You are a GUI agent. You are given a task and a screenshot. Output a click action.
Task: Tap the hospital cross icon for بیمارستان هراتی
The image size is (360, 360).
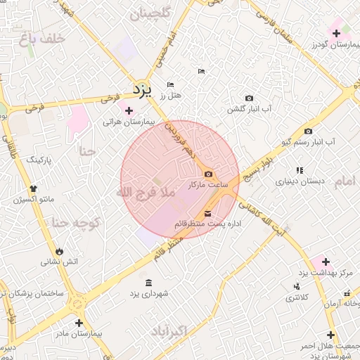tap(128, 110)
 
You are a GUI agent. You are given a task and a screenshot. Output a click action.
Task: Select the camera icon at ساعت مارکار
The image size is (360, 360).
tap(209, 174)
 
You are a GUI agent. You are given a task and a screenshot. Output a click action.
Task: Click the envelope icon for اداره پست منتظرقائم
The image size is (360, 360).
tap(207, 214)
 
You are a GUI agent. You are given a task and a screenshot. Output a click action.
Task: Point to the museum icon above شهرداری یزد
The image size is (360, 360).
tap(147, 283)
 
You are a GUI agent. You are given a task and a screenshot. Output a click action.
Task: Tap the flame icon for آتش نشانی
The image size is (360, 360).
tap(59, 250)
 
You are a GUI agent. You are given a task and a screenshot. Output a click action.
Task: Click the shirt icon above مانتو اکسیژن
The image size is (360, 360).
tap(33, 188)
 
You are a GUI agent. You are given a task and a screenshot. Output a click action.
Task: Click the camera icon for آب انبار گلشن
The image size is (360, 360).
tap(249, 98)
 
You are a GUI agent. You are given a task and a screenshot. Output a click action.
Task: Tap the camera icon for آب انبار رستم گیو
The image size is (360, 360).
tap(308, 131)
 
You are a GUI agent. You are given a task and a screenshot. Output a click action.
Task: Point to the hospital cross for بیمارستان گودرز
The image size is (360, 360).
tap(336, 33)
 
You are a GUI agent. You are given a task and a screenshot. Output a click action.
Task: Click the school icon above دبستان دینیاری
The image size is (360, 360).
tap(300, 169)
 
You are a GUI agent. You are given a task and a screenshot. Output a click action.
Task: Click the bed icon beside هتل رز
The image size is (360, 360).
tap(170, 85)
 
